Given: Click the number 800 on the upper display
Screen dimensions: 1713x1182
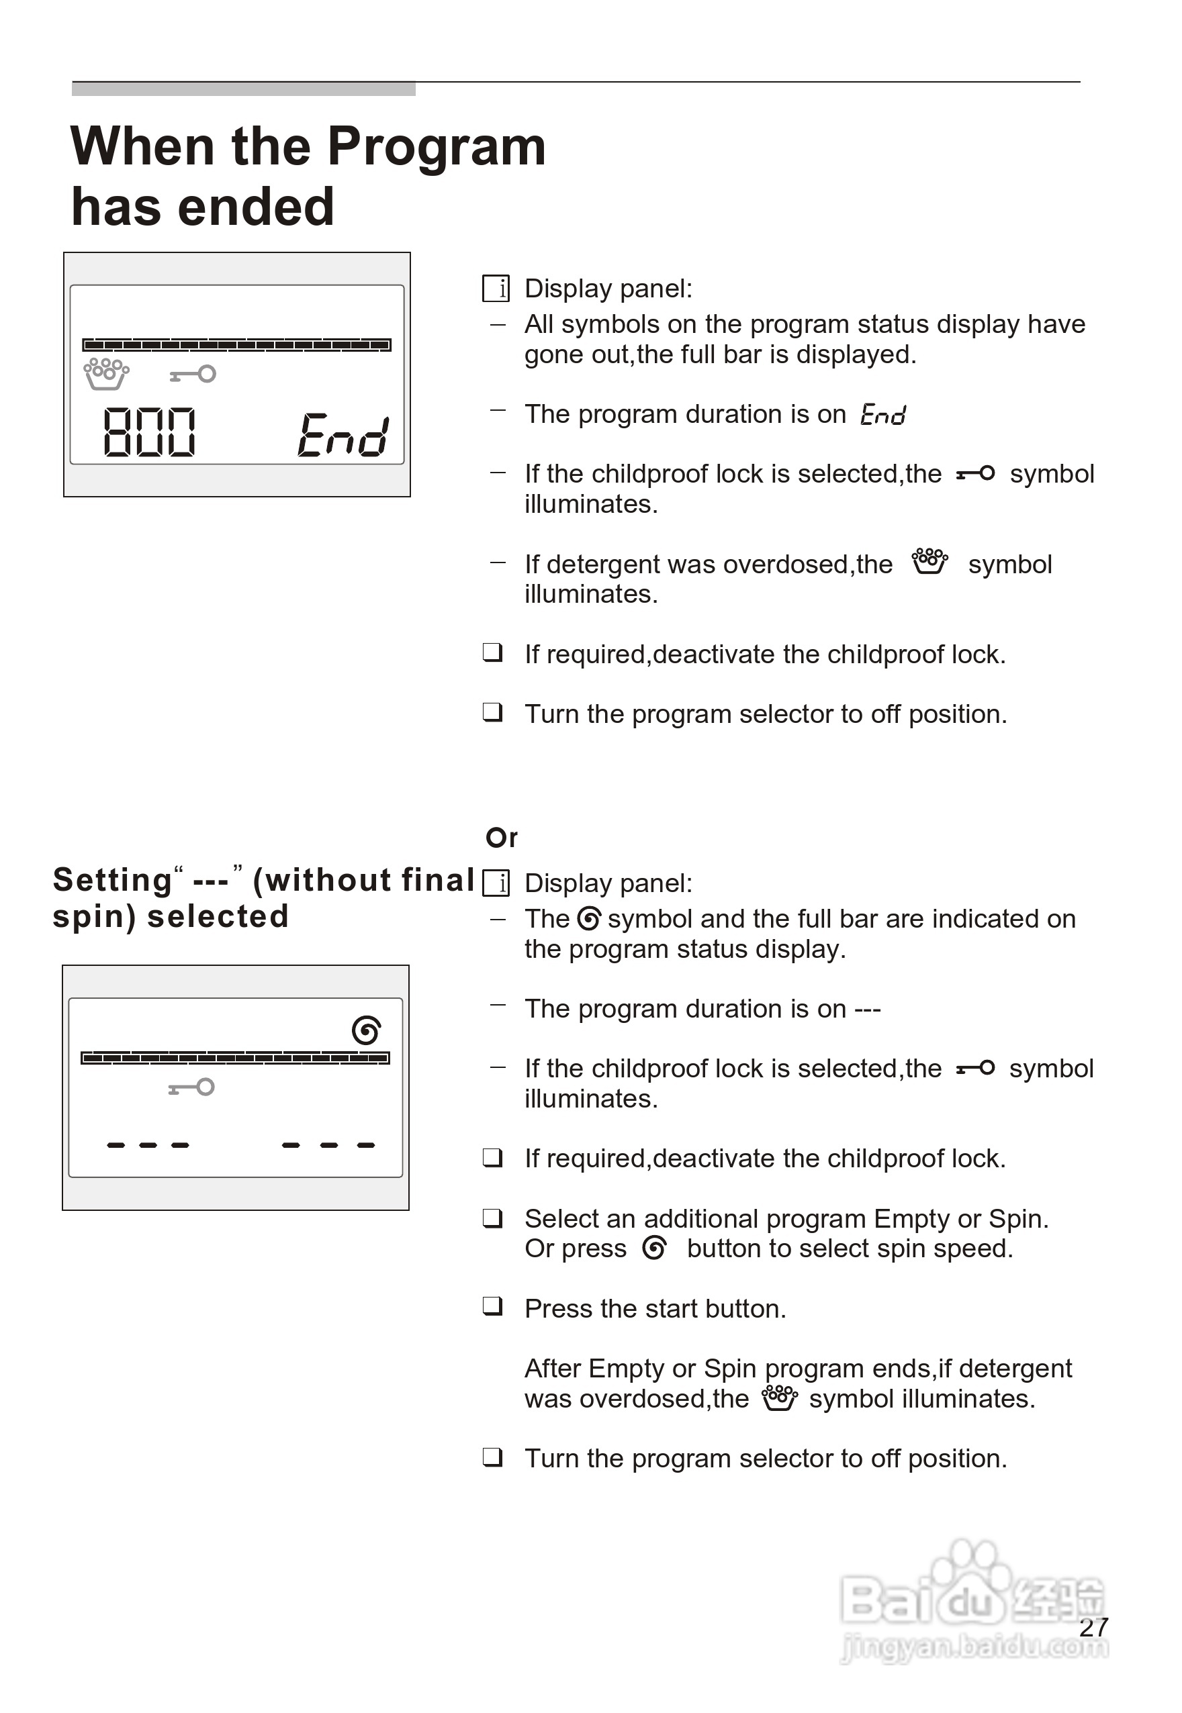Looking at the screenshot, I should click(x=149, y=432).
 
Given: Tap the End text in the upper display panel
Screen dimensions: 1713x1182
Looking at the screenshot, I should click(x=343, y=435).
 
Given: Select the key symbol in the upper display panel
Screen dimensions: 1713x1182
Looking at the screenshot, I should click(x=193, y=375).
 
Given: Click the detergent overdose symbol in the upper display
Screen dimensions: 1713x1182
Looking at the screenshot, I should click(x=106, y=374).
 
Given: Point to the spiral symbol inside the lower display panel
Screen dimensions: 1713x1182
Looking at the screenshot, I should click(x=367, y=1030).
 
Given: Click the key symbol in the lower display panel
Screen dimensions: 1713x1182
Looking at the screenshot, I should click(x=192, y=1087).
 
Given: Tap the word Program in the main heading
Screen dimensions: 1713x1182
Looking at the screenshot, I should click(x=437, y=146).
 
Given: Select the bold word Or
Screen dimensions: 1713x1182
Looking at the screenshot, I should click(x=502, y=838).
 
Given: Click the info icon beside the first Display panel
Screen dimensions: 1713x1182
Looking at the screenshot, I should click(x=496, y=288).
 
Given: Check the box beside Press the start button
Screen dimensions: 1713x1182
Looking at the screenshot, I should click(x=492, y=1307).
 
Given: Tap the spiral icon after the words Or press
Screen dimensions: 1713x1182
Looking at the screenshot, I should click(x=655, y=1248).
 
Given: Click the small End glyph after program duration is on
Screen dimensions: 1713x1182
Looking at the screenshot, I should click(x=882, y=415).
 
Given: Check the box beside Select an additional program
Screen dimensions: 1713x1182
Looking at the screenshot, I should click(x=492, y=1218).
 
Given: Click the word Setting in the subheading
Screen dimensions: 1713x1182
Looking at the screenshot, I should click(x=113, y=880).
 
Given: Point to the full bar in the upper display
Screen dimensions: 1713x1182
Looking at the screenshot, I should click(x=236, y=344).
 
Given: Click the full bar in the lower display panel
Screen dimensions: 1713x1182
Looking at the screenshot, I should click(x=235, y=1058).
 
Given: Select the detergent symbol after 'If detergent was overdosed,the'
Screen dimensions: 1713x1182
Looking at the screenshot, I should click(x=929, y=562).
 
